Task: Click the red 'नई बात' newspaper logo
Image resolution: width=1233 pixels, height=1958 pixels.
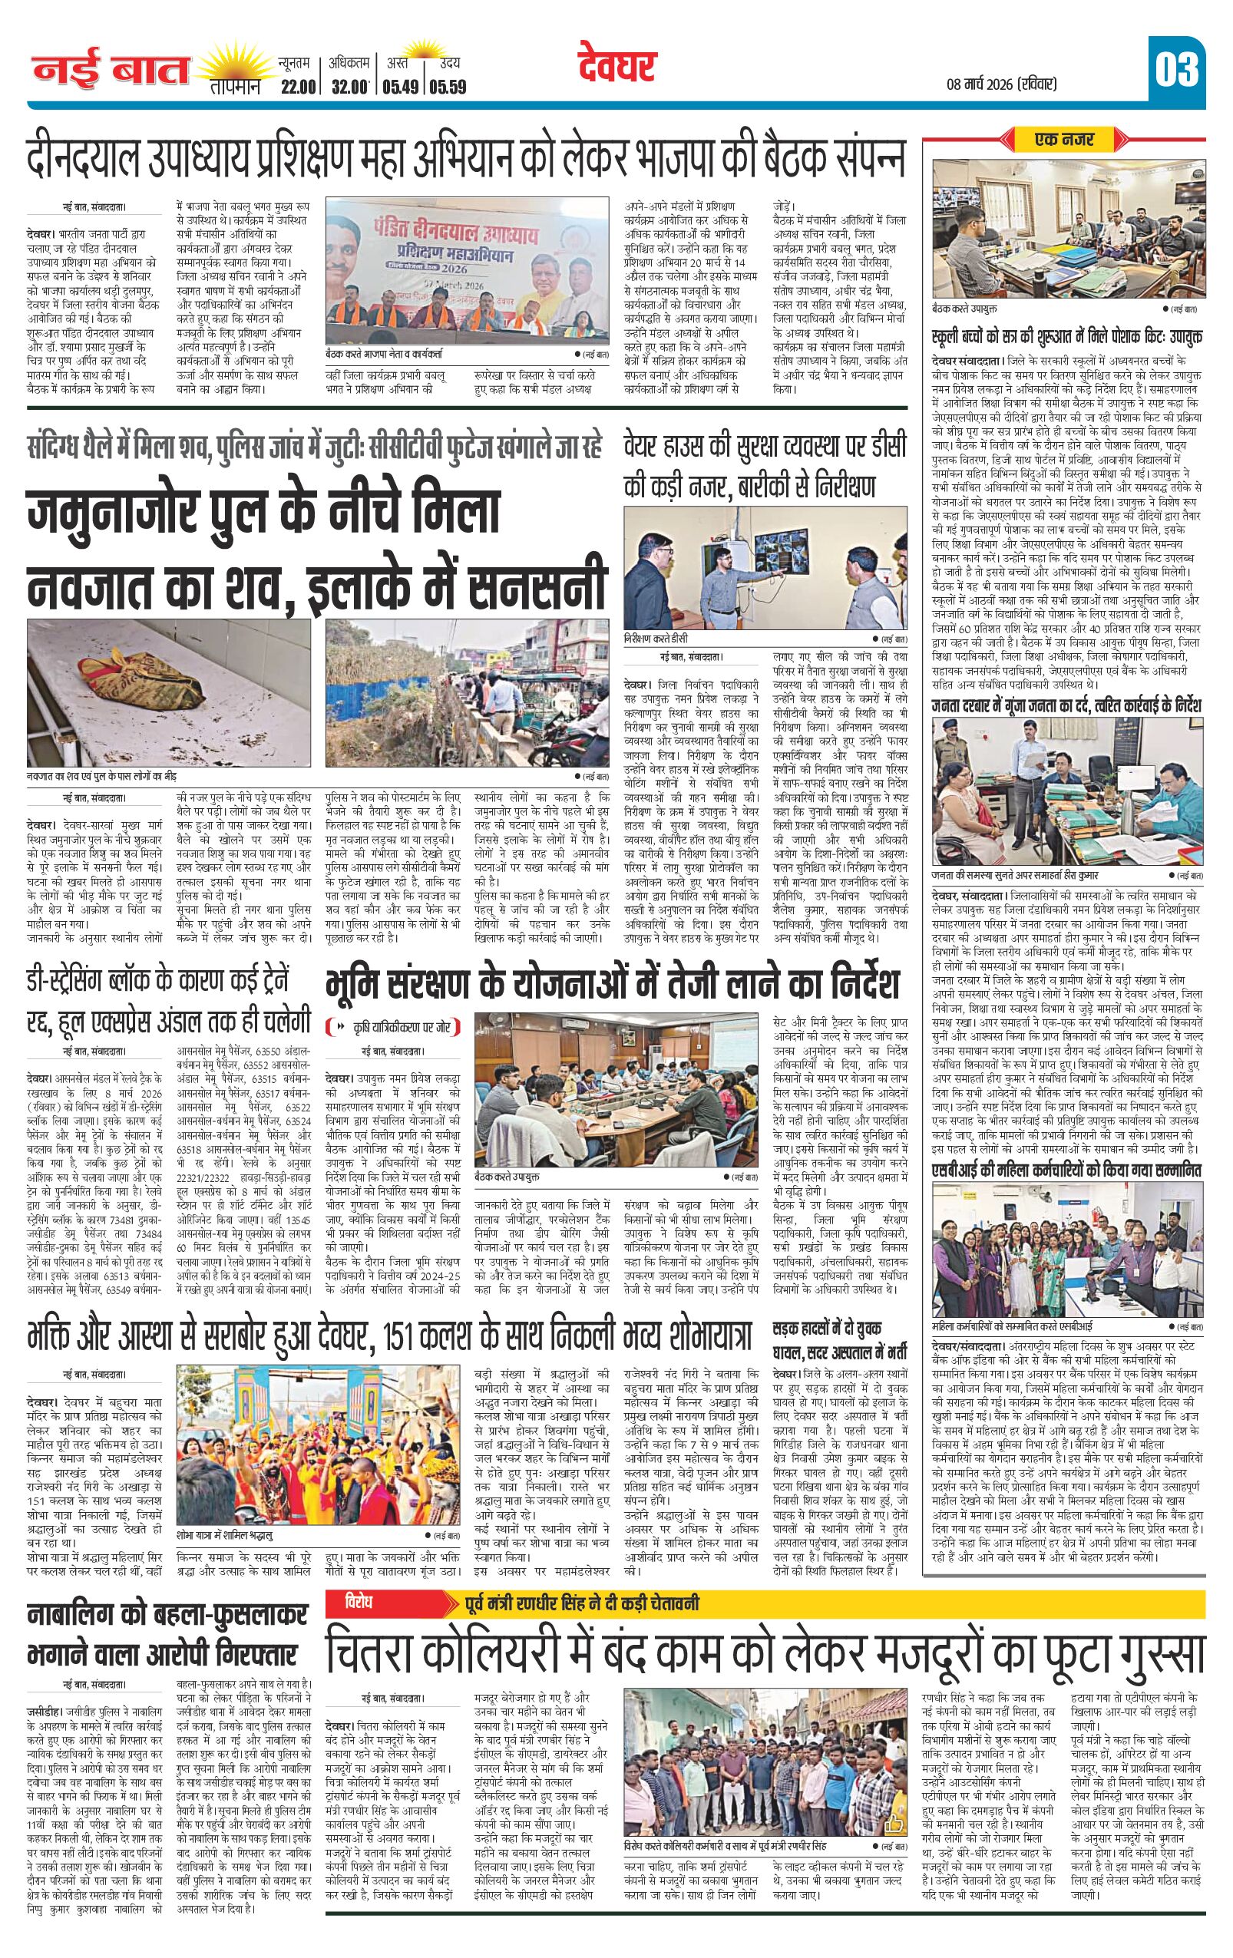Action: point(111,71)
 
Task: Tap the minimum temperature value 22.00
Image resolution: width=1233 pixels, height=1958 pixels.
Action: point(296,87)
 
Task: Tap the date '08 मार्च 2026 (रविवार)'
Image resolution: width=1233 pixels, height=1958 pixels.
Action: point(1002,84)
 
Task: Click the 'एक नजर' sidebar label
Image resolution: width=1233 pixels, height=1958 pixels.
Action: point(1063,140)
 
